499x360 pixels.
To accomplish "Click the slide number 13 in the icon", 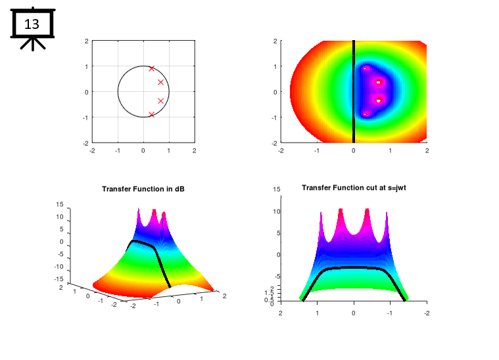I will [x=32, y=25].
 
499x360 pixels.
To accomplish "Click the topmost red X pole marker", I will [x=152, y=68].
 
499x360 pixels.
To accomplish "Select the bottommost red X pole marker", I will [x=152, y=114].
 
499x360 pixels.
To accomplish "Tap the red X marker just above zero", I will [x=160, y=82].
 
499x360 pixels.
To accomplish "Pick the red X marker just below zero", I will [x=160, y=101].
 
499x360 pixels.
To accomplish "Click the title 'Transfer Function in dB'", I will [x=143, y=189].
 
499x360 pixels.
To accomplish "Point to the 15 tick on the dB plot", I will [x=59, y=204].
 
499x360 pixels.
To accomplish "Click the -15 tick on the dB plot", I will [x=58, y=280].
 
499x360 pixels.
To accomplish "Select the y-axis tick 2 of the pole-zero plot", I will [x=86, y=41].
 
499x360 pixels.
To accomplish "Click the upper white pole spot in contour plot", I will [x=379, y=82].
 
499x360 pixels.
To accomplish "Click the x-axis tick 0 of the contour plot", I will [x=354, y=150].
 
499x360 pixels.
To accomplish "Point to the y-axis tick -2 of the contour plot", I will [x=274, y=142].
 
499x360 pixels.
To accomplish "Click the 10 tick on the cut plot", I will [x=277, y=212].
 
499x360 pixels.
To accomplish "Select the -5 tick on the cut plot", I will [x=277, y=277].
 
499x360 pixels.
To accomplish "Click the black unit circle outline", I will [x=118, y=92].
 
